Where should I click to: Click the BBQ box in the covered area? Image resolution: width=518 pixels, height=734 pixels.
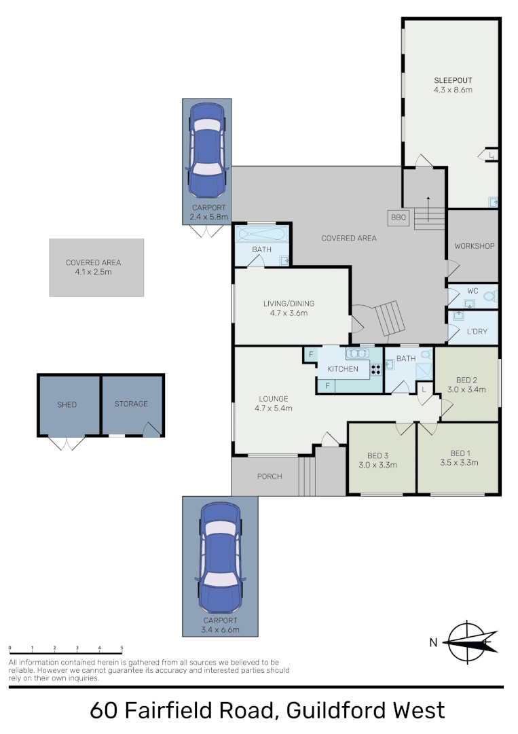[397, 218]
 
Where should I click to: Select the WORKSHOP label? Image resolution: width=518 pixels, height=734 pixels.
[474, 246]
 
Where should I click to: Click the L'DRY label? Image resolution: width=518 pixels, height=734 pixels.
[478, 332]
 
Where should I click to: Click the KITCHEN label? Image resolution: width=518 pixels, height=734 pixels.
[343, 369]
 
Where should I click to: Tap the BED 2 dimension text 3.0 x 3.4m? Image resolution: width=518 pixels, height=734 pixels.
[466, 390]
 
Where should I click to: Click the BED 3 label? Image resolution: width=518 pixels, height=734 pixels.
[377, 455]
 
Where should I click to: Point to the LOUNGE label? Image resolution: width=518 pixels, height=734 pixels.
[273, 399]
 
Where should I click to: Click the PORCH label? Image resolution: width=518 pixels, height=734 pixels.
[270, 476]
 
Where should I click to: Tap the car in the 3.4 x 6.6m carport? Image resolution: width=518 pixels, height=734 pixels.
[220, 557]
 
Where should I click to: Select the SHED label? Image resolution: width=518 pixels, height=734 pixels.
[67, 404]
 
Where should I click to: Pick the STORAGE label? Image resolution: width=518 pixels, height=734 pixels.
[131, 404]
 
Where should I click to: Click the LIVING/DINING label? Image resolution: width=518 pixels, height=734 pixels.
[289, 304]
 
